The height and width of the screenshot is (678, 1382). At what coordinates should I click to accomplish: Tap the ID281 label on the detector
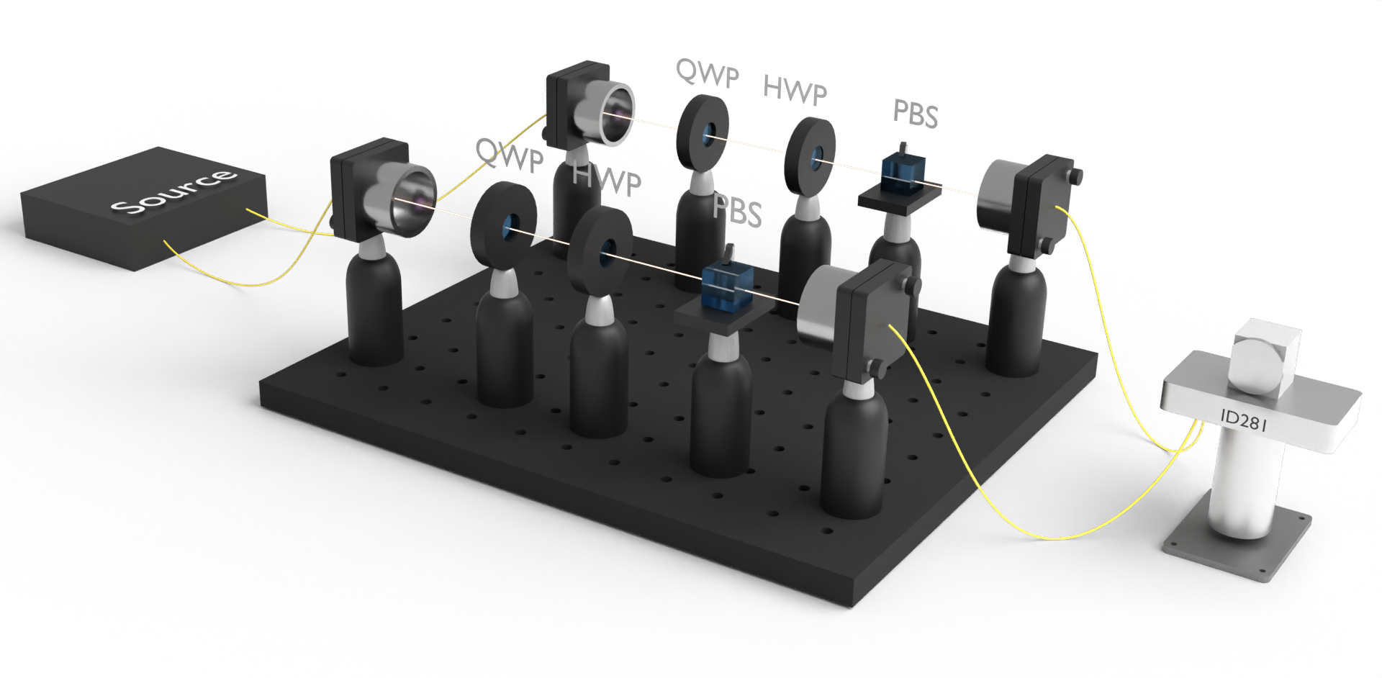click(x=1243, y=420)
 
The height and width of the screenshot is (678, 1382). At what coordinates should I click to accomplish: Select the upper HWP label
click(x=795, y=90)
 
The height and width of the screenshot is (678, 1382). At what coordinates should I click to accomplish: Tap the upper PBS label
click(x=916, y=113)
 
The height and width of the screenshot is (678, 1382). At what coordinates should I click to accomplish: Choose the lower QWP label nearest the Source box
click(x=510, y=155)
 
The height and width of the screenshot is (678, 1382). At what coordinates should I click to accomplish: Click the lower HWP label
click(x=607, y=179)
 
